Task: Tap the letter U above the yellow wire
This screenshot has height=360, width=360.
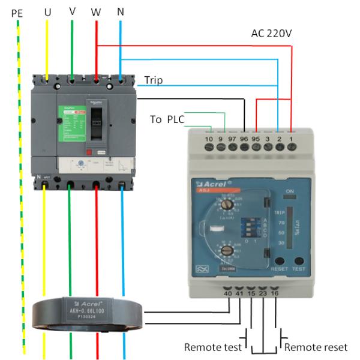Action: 47,11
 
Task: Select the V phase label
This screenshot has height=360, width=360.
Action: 72,11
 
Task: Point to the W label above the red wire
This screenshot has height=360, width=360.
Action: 96,11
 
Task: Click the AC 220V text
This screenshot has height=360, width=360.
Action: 271,34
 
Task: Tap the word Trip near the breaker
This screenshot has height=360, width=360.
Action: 153,80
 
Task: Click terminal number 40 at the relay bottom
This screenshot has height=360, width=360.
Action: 228,294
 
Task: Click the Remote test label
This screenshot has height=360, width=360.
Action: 213,347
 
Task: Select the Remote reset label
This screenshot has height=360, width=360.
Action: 316,347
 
